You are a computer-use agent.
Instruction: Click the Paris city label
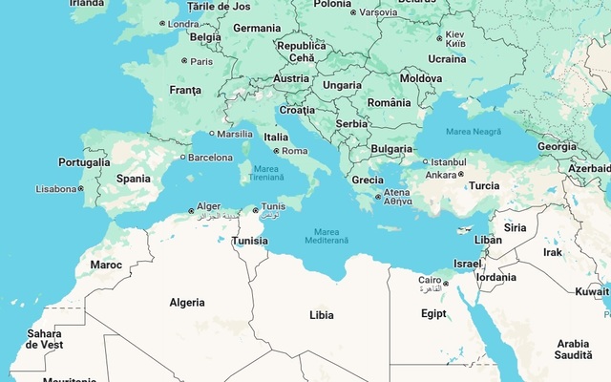click(x=201, y=61)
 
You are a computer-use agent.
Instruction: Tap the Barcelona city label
click(x=210, y=158)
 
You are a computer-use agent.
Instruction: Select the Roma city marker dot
click(x=277, y=151)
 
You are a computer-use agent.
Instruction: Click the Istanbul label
click(x=448, y=161)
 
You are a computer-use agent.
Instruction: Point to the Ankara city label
click(x=440, y=175)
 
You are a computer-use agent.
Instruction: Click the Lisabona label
click(x=56, y=189)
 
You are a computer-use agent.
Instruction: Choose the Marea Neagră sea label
click(x=473, y=131)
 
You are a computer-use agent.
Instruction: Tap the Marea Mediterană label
click(x=327, y=235)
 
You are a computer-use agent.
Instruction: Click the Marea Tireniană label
click(x=266, y=173)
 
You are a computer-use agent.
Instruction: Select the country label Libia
click(x=322, y=315)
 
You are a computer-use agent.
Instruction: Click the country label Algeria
click(x=187, y=303)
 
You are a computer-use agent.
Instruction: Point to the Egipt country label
click(x=433, y=313)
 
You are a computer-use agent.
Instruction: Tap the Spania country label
click(x=134, y=179)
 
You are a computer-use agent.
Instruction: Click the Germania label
click(x=257, y=29)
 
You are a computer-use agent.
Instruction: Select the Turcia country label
click(x=484, y=186)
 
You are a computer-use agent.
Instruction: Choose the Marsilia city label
click(x=236, y=135)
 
